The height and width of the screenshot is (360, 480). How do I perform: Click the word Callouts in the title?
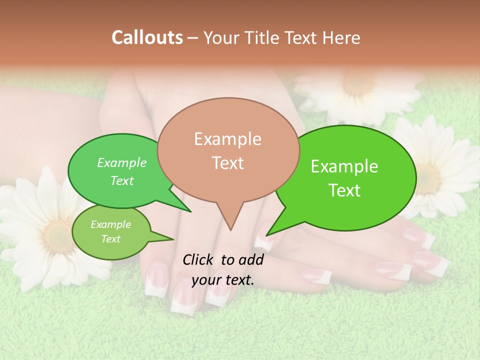(147, 37)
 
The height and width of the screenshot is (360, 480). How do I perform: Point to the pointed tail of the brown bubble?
(230, 227)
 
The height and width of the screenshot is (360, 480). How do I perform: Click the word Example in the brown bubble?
(227, 139)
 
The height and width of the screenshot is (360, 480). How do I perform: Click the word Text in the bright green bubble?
(344, 190)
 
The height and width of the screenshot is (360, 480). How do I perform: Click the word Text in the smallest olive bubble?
(110, 239)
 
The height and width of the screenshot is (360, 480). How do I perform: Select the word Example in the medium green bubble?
(121, 163)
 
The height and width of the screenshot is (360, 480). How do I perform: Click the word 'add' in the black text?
(250, 259)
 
